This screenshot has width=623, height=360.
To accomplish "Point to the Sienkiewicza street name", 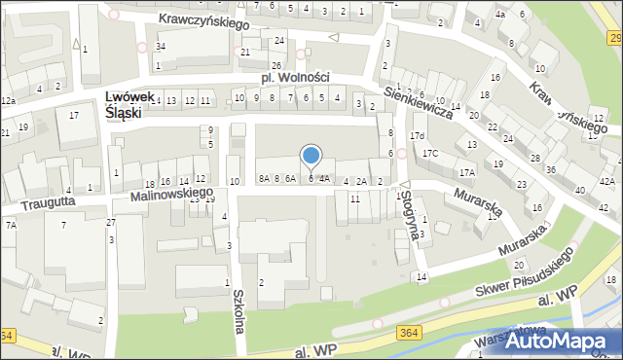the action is (x=419, y=100).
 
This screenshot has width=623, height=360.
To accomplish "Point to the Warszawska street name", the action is (x=496, y=342).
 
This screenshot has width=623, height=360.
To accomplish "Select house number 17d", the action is (x=418, y=135).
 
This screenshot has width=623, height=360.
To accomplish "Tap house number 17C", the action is (x=430, y=154).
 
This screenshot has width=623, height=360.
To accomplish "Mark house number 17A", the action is (x=467, y=172).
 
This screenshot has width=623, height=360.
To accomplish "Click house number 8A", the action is (x=264, y=178).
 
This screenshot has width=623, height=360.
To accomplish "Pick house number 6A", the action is (x=290, y=178).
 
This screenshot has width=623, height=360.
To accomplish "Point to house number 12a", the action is (x=8, y=101).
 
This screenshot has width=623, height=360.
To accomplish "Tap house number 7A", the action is (x=11, y=225).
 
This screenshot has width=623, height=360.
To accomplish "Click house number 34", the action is (x=161, y=47).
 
